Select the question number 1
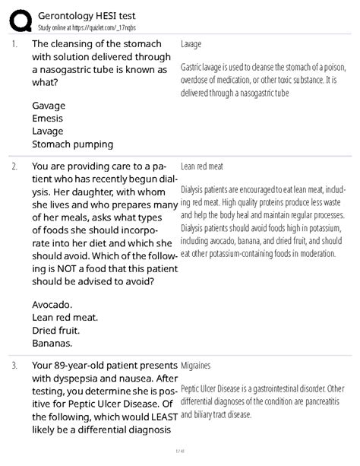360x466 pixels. (14, 44)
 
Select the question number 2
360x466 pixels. (14, 165)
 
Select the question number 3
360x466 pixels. (14, 366)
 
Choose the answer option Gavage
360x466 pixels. (49, 105)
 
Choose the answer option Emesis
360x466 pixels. (48, 118)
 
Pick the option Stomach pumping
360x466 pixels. (73, 144)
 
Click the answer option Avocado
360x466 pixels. (52, 304)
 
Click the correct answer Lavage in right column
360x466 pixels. (191, 45)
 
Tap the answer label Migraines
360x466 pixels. (197, 366)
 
